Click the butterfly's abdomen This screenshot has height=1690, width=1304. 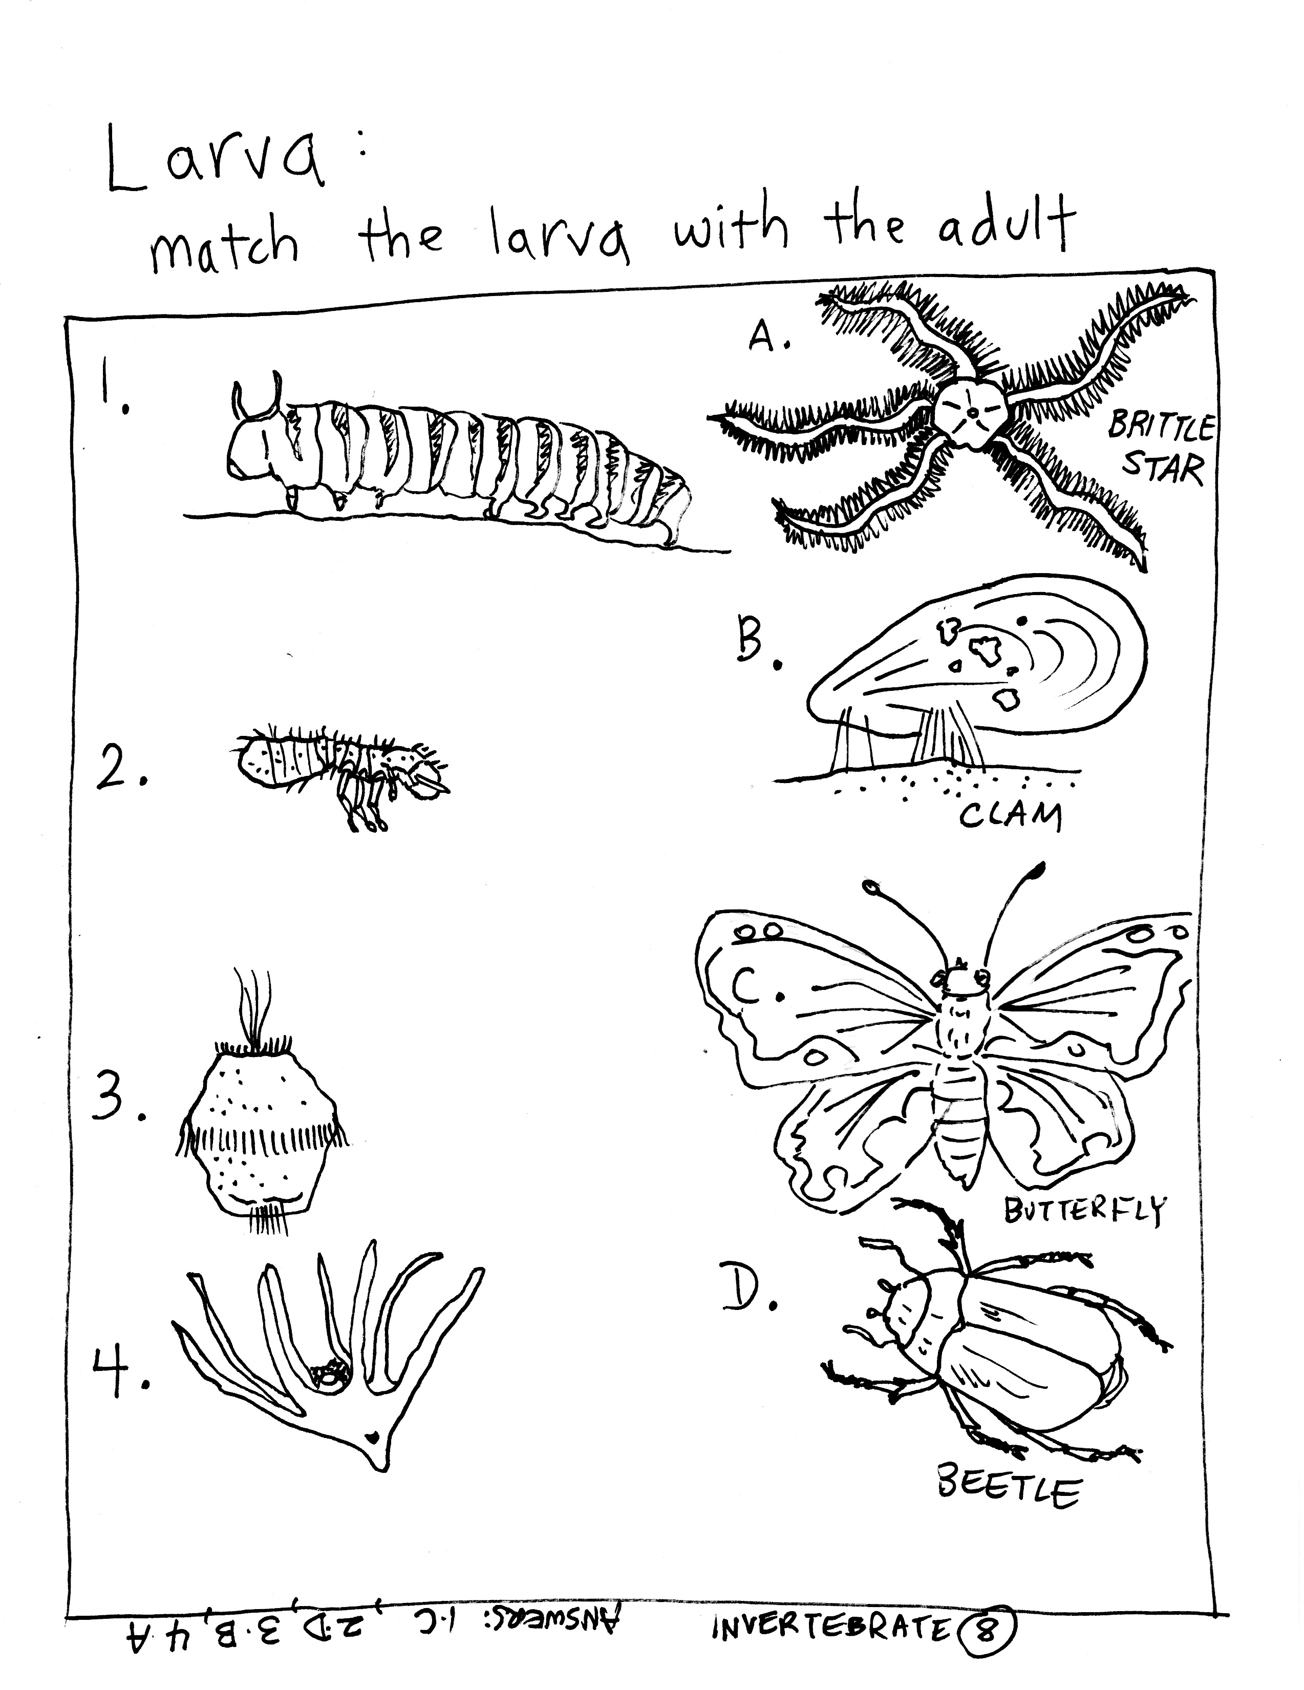(959, 1114)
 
